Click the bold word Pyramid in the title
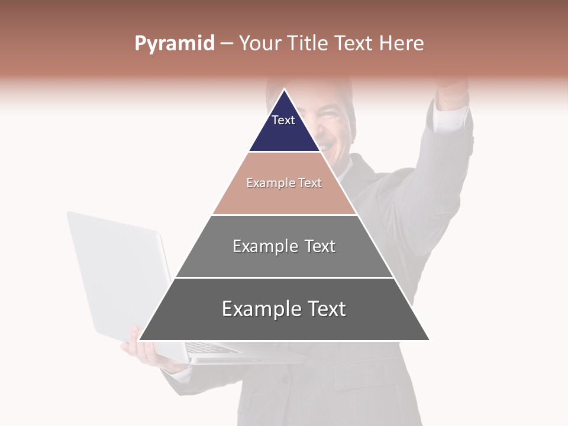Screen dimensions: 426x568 pyautogui.click(x=175, y=44)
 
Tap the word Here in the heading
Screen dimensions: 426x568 pyautogui.click(x=402, y=44)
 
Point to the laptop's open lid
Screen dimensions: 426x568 pyautogui.click(x=118, y=272)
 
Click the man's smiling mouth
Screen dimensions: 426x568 pyautogui.click(x=325, y=142)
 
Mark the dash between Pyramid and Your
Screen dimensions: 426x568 pyautogui.click(x=227, y=44)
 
